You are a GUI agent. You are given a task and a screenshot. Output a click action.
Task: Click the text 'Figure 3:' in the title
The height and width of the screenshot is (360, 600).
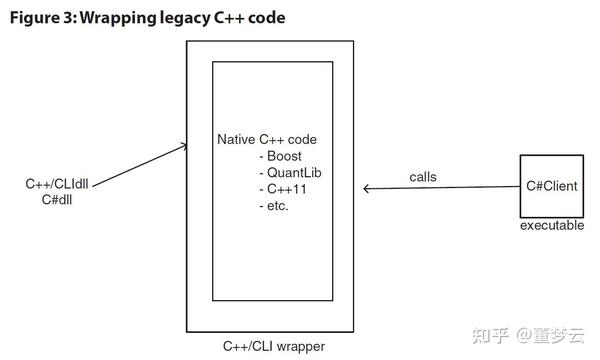[42, 17]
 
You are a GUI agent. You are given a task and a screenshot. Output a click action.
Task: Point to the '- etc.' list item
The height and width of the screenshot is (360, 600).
[275, 206]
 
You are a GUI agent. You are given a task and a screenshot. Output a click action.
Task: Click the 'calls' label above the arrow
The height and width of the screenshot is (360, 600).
[423, 177]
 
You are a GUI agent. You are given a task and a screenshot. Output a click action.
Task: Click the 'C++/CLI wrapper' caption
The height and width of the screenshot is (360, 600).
[273, 346]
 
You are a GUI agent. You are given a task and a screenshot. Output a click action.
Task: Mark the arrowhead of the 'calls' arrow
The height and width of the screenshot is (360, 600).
[366, 187]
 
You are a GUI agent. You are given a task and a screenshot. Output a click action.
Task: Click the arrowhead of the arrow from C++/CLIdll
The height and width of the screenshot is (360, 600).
[184, 146]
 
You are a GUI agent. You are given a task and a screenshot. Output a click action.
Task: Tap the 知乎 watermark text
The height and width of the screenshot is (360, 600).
[497, 334]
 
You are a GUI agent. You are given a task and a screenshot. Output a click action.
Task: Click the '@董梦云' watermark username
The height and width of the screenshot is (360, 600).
[555, 334]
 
